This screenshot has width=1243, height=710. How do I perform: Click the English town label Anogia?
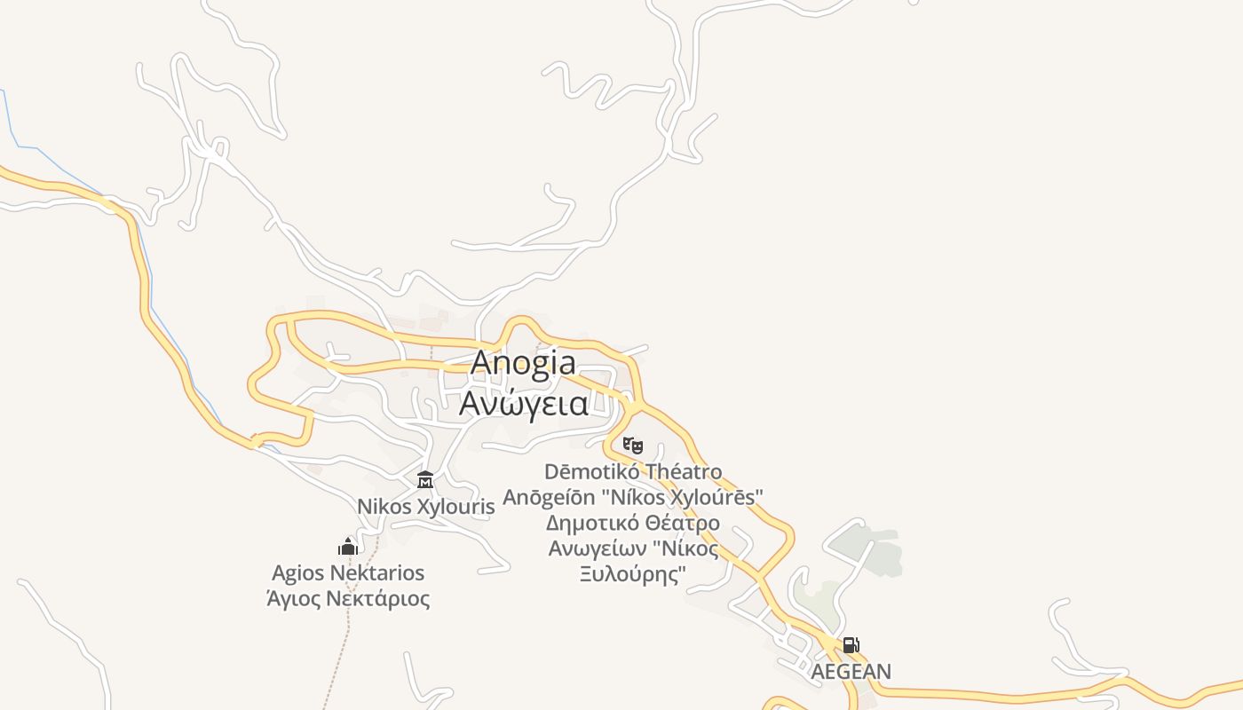[x=523, y=363]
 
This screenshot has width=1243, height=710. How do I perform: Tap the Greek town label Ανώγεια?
[x=523, y=404]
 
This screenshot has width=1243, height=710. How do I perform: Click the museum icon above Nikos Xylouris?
[x=425, y=480]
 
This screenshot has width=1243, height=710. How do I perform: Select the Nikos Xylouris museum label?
[x=425, y=507]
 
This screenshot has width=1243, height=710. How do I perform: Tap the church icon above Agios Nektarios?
[x=348, y=546]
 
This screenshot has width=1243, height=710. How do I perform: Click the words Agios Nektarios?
[x=348, y=573]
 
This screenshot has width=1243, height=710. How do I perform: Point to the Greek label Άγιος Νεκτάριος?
[x=348, y=599]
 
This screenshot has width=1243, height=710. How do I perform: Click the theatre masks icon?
[x=633, y=445]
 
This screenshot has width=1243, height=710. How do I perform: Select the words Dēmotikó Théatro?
[x=633, y=471]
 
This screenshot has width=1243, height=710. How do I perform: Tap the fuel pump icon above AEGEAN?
[x=851, y=645]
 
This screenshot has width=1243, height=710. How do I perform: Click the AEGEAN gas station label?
[x=851, y=672]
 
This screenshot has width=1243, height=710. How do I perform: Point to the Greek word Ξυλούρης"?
[x=633, y=574]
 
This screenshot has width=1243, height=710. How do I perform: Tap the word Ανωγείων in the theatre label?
[x=596, y=548]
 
